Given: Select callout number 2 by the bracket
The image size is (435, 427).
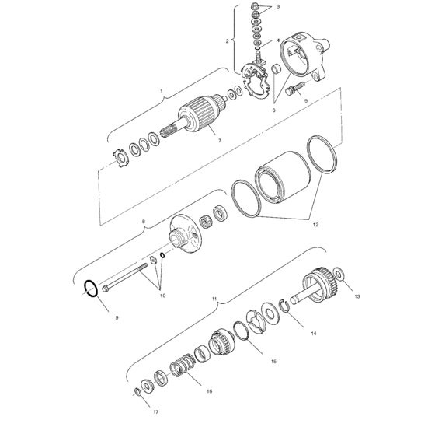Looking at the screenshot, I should (228, 40).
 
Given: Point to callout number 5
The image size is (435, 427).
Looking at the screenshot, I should (305, 101).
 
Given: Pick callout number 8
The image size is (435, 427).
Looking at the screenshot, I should (143, 221).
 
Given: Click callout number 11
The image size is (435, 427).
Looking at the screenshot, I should (214, 296).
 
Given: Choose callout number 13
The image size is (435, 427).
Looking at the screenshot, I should (357, 296).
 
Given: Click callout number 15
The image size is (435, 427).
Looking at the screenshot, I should (273, 362).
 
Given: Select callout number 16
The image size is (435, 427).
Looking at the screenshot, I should (209, 391).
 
